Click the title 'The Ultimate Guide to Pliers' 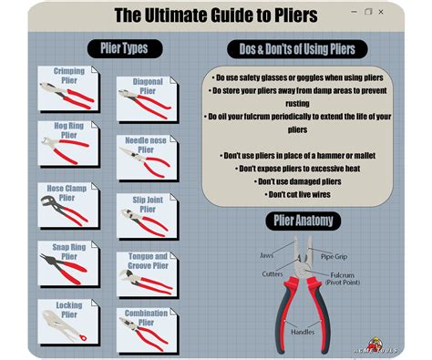coord(216,15)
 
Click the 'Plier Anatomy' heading coord(303,221)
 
